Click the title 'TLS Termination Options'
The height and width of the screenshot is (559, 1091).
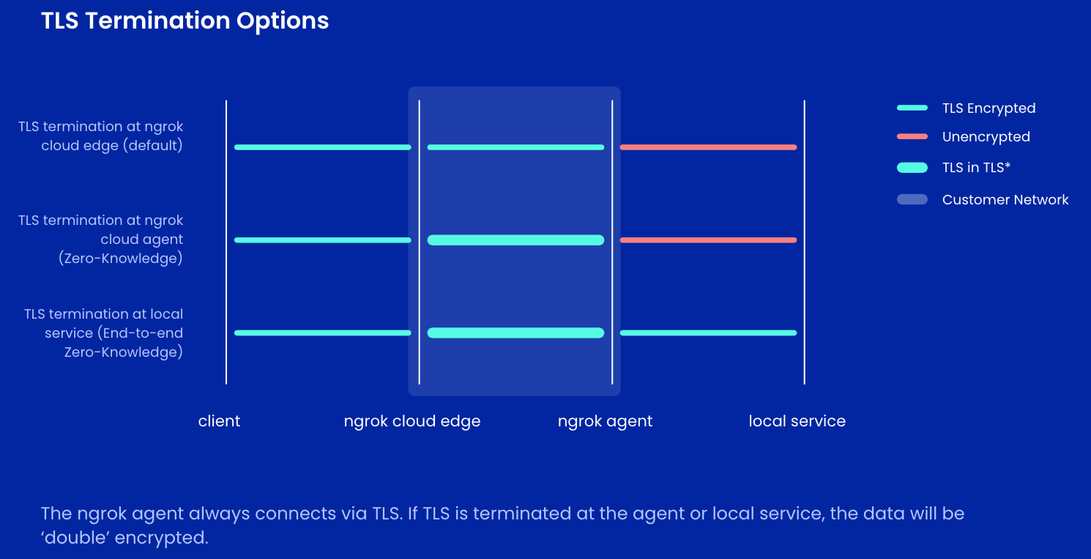point(185,21)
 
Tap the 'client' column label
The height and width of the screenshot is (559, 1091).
point(219,421)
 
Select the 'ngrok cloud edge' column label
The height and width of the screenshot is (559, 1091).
point(412,421)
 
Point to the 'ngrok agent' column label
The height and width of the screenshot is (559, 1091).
point(605,421)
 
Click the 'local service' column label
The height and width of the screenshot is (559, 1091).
point(797,421)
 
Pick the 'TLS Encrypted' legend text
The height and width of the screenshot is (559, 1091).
point(988,108)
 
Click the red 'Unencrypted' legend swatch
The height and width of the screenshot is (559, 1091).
point(912,137)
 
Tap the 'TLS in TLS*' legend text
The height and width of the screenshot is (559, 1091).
point(976,168)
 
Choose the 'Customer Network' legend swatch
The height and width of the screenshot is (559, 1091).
point(912,199)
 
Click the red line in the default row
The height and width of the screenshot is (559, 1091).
point(708,147)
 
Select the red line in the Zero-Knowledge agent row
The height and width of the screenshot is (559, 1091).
point(708,240)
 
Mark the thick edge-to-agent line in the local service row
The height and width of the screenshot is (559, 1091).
point(515,333)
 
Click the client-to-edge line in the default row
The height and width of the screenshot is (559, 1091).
point(322,147)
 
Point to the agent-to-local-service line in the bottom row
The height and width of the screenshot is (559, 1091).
point(708,333)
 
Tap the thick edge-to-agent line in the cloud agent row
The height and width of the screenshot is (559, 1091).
point(515,240)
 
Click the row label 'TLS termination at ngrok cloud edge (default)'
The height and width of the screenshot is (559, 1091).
point(101,136)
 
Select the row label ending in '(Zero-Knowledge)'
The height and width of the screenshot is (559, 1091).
point(101,240)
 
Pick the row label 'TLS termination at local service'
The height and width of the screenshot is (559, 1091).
point(103,333)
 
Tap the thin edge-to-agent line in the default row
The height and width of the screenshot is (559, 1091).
point(515,147)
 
